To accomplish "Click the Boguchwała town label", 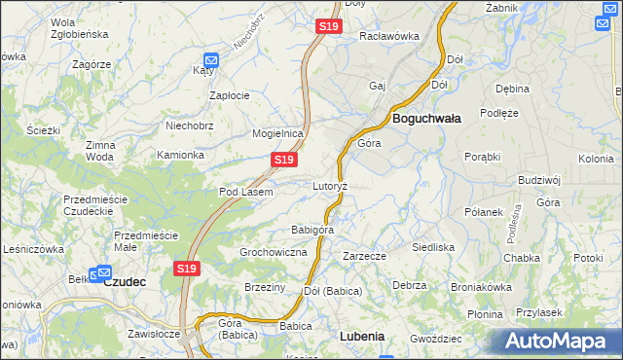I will [425, 118].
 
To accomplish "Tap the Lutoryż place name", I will [330, 185].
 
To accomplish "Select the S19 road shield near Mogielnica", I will [283, 159].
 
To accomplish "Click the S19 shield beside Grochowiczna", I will [188, 268].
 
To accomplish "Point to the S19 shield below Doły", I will [328, 27].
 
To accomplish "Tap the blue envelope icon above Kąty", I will [210, 59].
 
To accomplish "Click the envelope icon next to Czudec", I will [100, 274].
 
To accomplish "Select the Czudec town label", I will [124, 281].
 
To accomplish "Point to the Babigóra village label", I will [312, 230].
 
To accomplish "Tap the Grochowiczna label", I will [274, 252].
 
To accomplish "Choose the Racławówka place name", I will [388, 36].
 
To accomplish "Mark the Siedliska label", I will [433, 247].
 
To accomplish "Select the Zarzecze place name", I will [365, 256].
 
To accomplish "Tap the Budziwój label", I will [540, 180].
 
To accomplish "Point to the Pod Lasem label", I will [245, 192].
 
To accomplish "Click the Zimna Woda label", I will [100, 150].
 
